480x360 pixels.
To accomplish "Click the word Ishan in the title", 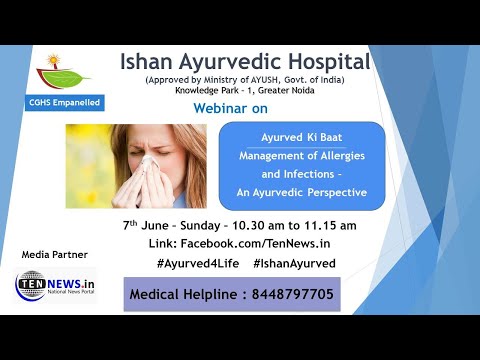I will point(148,62).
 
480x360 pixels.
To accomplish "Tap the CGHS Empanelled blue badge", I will point(64,102).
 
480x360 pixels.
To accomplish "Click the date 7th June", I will point(148,225).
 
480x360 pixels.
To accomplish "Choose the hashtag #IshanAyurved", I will point(294,263).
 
